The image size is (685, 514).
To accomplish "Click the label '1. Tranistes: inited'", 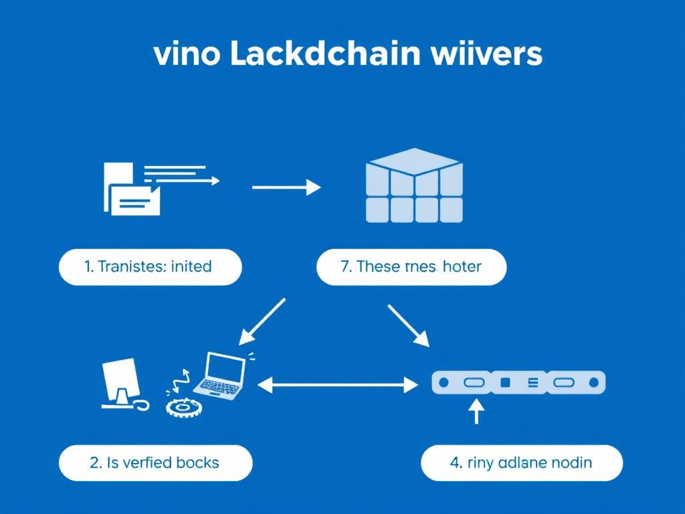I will tap(150, 266).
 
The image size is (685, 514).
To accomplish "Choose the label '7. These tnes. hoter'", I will tap(411, 266).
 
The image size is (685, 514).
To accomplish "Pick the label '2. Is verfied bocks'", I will tap(155, 462).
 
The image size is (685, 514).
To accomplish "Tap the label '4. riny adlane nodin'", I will tap(521, 463).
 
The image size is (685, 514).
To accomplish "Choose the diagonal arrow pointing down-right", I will tap(408, 325).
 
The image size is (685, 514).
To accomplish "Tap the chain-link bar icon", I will tap(518, 382).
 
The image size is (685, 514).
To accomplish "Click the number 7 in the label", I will tap(345, 266).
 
